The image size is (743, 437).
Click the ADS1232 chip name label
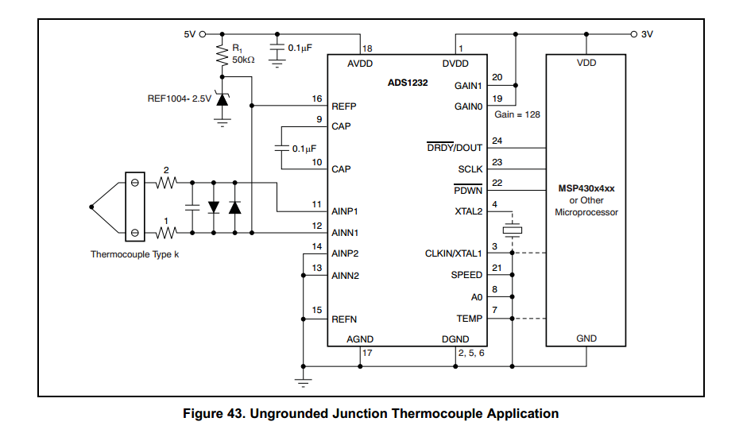408,83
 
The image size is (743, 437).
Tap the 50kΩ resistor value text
243,60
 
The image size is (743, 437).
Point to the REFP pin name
344,105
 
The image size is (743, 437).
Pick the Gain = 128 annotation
517,114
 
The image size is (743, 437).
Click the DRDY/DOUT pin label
455,148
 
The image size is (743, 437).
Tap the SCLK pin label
470,169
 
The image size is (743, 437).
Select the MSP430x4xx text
586,188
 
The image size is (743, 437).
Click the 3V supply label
647,34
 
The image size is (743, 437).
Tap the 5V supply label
189,34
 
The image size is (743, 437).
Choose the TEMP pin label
469,318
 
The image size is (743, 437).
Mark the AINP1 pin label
346,212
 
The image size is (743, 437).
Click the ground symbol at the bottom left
303,381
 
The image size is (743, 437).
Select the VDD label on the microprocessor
586,64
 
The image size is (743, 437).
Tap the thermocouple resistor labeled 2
166,184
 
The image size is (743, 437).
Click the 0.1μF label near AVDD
300,48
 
